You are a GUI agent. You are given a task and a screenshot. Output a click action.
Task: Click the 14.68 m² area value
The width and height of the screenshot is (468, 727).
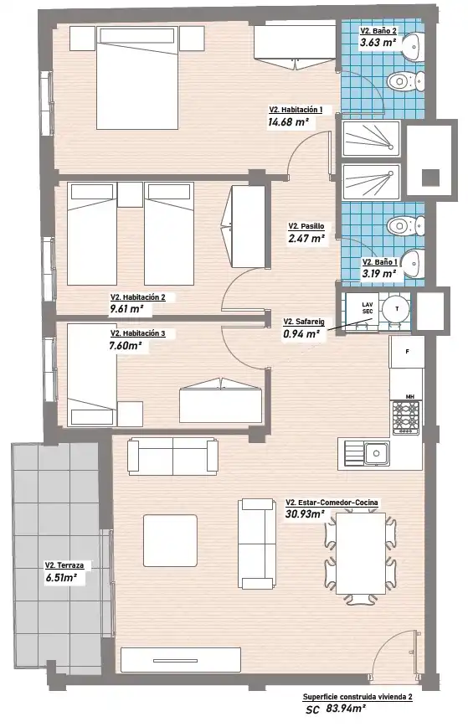[x=288, y=122]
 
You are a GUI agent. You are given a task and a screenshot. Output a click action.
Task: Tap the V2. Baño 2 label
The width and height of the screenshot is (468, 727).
[x=378, y=31]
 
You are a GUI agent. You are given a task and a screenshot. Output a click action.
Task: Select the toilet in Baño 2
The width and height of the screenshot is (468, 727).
[x=405, y=81]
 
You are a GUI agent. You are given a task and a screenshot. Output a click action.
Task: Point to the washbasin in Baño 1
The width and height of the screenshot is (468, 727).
[x=412, y=263]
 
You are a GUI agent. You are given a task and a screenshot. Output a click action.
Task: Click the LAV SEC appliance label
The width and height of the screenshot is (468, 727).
[x=367, y=308]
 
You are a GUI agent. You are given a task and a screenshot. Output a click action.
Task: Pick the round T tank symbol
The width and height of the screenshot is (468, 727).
[x=396, y=309]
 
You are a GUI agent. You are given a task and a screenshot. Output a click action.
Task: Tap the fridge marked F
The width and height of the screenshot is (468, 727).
[x=406, y=352]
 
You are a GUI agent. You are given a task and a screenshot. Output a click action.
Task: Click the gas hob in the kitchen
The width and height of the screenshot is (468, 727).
[x=405, y=417]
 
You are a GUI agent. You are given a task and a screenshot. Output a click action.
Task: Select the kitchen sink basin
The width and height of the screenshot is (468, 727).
[x=376, y=453]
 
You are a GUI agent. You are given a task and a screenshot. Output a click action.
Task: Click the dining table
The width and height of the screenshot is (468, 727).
[x=361, y=553]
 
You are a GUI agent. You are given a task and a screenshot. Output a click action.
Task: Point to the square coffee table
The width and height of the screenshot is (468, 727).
[x=170, y=540]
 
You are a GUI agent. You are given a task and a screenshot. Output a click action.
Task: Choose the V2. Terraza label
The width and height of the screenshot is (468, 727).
[x=64, y=565]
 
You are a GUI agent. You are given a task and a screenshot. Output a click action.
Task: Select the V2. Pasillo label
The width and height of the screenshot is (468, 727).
[x=306, y=226]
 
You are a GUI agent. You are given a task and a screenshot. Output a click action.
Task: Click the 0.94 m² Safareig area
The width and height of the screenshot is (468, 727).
[x=301, y=334]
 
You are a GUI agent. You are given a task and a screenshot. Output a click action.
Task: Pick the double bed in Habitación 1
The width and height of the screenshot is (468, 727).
[x=137, y=77]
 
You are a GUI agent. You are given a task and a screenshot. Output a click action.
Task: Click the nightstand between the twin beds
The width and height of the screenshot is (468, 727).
[x=131, y=194]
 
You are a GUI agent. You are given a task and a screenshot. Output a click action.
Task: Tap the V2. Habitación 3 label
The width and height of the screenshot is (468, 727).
[x=137, y=333]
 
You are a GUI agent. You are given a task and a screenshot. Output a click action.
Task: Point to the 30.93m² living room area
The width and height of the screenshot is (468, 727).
[x=305, y=513]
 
